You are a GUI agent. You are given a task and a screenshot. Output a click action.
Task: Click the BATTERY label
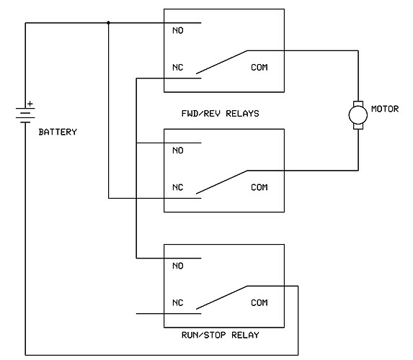tap(57, 132)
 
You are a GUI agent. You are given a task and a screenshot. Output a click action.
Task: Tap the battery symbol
tap(25, 114)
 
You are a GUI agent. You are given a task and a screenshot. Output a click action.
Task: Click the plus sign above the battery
tap(30, 104)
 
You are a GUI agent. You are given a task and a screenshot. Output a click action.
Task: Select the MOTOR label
tap(384, 109)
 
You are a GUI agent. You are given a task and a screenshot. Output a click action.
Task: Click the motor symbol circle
tap(357, 114)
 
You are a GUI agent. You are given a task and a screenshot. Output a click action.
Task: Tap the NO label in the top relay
tap(178, 31)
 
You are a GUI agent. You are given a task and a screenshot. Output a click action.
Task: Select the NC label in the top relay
tap(178, 68)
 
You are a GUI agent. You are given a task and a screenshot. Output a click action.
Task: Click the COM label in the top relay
tap(259, 68)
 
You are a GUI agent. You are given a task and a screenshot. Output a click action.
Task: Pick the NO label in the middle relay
tap(178, 150)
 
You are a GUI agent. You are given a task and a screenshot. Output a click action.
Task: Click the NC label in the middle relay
tap(178, 188)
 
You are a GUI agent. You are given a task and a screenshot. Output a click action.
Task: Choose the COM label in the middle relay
tap(259, 188)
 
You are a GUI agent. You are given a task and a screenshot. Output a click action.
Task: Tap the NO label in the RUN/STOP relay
tap(178, 266)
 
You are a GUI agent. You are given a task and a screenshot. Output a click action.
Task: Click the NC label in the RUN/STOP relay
tap(178, 303)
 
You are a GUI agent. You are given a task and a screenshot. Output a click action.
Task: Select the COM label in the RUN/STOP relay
tap(259, 303)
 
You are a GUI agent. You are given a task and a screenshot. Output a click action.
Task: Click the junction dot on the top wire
tap(108, 22)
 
